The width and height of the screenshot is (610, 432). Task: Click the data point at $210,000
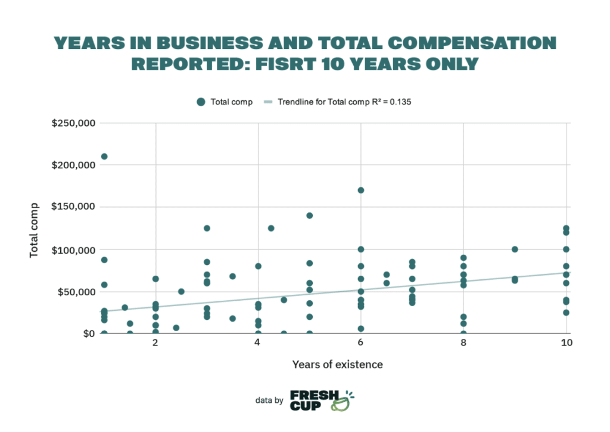point(104,156)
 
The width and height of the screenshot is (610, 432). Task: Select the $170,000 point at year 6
point(361,190)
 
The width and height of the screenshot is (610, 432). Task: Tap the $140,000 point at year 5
point(310,215)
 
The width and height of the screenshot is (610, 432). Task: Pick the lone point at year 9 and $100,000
point(515,249)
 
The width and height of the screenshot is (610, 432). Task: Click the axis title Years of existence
point(337,364)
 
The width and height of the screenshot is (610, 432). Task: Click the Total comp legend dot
point(201,102)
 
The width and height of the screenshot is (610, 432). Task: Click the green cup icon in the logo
point(343,404)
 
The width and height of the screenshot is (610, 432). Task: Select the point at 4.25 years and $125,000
point(271,228)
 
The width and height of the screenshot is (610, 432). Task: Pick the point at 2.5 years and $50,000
point(181,291)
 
